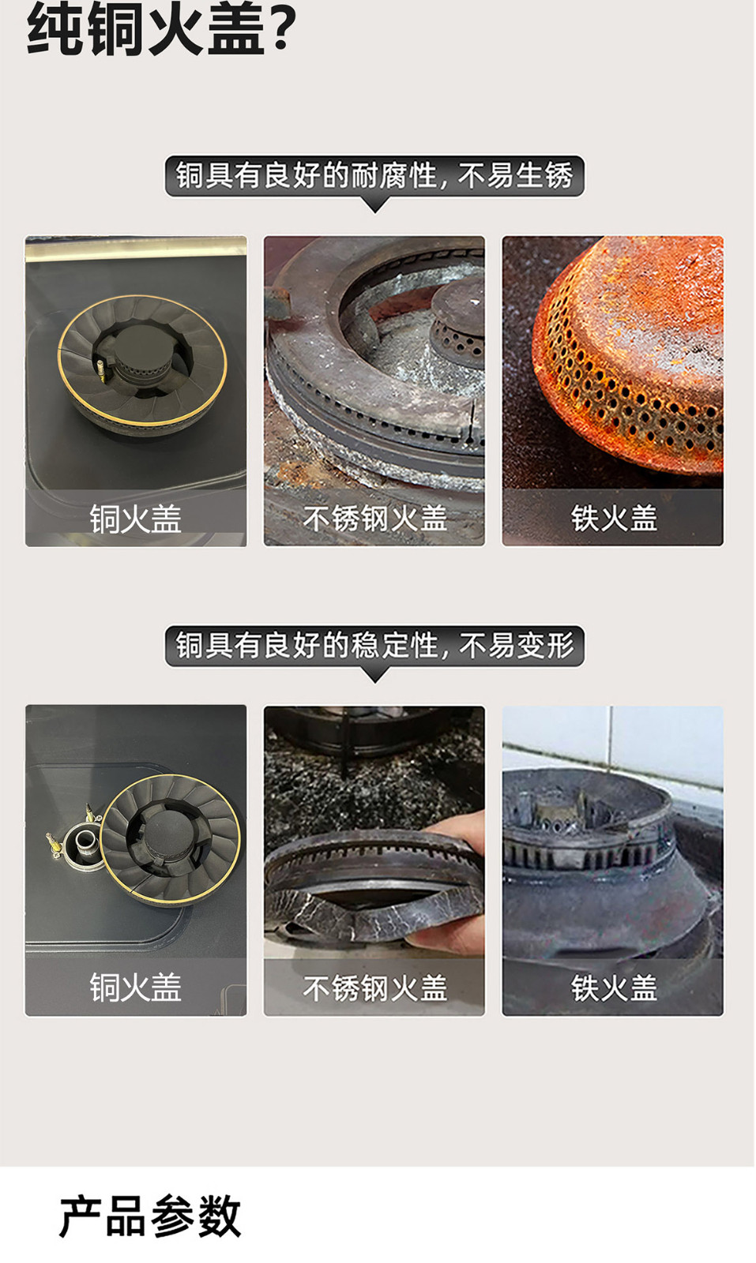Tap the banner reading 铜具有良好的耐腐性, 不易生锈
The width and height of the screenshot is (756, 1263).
374,176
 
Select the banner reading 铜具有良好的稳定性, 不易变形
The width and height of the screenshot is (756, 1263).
374,646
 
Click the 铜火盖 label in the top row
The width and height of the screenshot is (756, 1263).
136,519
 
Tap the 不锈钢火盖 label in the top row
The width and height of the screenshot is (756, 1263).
374,519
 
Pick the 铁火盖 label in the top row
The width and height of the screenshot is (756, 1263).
614,519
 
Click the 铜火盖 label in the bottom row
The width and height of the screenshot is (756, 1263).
136,988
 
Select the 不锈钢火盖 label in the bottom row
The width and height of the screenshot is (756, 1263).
374,988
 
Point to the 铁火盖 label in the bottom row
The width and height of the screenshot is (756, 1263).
614,988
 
